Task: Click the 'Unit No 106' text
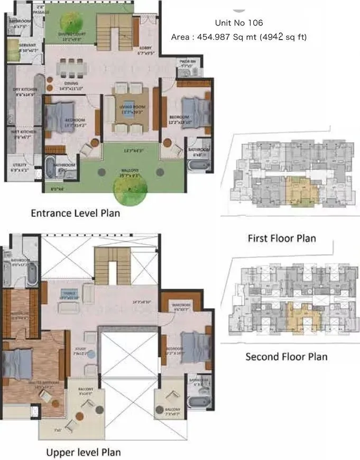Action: pyautogui.click(x=238, y=23)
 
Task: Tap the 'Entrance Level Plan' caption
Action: pyautogui.click(x=75, y=214)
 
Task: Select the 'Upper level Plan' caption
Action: pyautogui.click(x=83, y=452)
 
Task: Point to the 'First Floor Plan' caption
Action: pyautogui.click(x=282, y=238)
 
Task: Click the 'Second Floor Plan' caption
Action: pyautogui.click(x=286, y=357)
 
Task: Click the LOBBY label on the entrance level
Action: pyautogui.click(x=145, y=48)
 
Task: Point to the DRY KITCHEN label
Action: pyautogui.click(x=23, y=90)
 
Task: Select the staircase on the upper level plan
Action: pyautogui.click(x=112, y=268)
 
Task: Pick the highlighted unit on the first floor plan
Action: pyautogui.click(x=302, y=191)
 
